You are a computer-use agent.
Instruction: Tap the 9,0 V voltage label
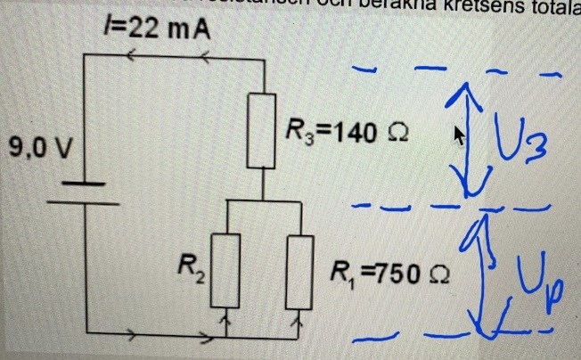point(38,147)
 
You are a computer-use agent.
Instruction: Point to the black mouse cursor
point(460,135)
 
